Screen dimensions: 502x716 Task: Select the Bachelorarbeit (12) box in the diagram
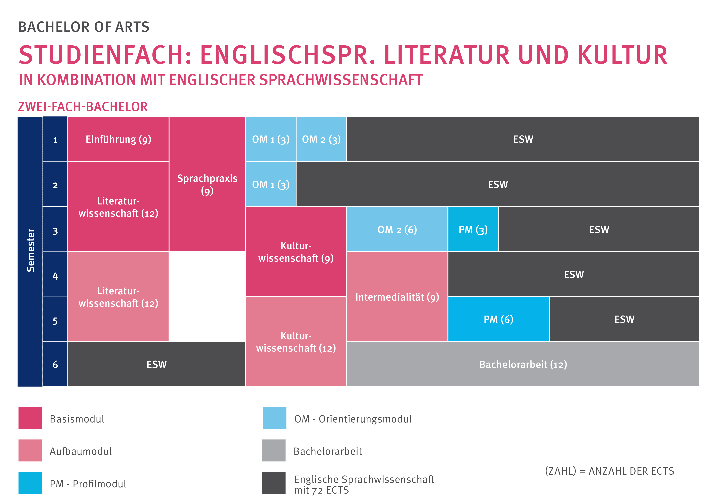tap(523, 364)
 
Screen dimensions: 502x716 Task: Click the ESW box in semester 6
tap(157, 364)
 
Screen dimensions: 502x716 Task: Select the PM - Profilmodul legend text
tap(88, 484)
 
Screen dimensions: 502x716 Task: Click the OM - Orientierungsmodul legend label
tap(353, 419)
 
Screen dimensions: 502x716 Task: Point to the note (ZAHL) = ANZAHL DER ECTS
tap(609, 471)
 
